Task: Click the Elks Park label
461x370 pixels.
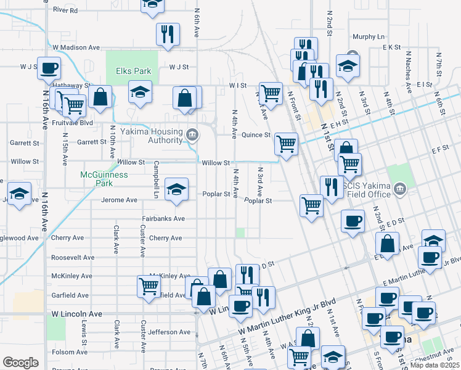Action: [x=132, y=71]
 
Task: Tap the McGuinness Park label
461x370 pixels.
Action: [x=104, y=179]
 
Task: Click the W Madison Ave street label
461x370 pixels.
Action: [x=76, y=47]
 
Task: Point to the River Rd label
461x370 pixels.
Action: [x=65, y=10]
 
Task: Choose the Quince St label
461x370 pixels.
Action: [x=256, y=134]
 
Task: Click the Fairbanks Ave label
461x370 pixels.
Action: [x=163, y=218]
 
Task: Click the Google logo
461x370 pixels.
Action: [x=20, y=363]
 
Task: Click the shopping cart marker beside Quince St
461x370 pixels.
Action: [x=286, y=143]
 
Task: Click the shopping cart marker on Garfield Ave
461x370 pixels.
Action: [x=149, y=286]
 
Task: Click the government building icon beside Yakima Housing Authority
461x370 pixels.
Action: [x=192, y=134]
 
